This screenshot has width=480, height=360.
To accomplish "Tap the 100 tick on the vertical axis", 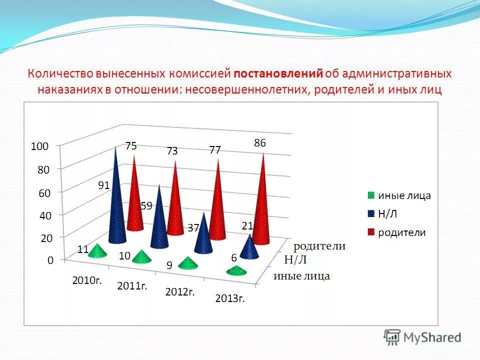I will (x=39, y=146).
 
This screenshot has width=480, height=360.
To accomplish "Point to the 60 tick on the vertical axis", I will (x=44, y=193).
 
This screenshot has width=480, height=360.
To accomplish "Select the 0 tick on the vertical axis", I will (x=50, y=260).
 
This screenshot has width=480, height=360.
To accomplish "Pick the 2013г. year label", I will (x=229, y=299).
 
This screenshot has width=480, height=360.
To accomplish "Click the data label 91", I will (x=103, y=185).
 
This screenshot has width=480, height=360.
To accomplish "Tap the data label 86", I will (x=259, y=143).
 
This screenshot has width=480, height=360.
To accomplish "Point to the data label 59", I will (x=146, y=205).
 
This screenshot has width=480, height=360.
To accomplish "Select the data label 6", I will (x=233, y=257).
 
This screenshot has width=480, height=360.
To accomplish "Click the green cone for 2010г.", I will (x=97, y=250).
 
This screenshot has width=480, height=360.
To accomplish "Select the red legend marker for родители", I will (x=370, y=232).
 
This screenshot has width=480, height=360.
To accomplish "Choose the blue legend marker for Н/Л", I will (x=370, y=213).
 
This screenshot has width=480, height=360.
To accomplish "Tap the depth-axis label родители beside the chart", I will (x=319, y=246).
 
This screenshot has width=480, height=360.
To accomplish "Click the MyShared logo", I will (x=422, y=337).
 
